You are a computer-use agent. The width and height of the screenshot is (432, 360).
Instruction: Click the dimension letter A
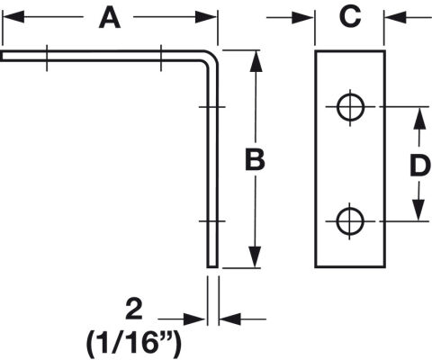tap(110, 18)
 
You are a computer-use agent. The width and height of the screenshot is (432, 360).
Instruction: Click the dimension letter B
tap(255, 159)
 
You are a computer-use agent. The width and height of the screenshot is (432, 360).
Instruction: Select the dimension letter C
tap(350, 17)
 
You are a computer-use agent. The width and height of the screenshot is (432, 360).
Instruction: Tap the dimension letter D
tap(420, 165)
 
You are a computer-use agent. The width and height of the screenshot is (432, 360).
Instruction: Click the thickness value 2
tap(134, 309)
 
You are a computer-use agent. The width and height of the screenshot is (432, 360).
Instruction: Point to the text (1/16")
tap(134, 343)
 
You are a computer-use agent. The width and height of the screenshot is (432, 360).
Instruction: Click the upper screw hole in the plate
tap(350, 107)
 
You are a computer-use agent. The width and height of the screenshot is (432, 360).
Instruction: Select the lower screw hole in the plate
tap(350, 221)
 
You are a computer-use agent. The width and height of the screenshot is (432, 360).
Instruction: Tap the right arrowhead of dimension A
tap(206, 17)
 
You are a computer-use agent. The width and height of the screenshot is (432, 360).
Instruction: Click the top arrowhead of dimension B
tap(256, 61)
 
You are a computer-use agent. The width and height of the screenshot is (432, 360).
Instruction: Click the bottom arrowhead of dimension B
tap(255, 256)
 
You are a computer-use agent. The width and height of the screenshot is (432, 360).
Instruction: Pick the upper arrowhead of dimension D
tap(419, 119)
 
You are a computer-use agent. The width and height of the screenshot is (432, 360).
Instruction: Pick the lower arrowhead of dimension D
tap(418, 210)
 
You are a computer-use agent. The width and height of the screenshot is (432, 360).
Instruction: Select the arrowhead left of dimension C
tap(302, 18)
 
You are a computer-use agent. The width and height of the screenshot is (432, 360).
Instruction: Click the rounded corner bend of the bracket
tap(211, 58)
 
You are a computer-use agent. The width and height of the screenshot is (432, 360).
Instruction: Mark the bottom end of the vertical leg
tap(212, 266)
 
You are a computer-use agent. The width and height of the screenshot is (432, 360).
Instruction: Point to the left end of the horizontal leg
tap(1, 56)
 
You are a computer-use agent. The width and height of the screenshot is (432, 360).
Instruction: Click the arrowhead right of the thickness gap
tap(230, 319)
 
